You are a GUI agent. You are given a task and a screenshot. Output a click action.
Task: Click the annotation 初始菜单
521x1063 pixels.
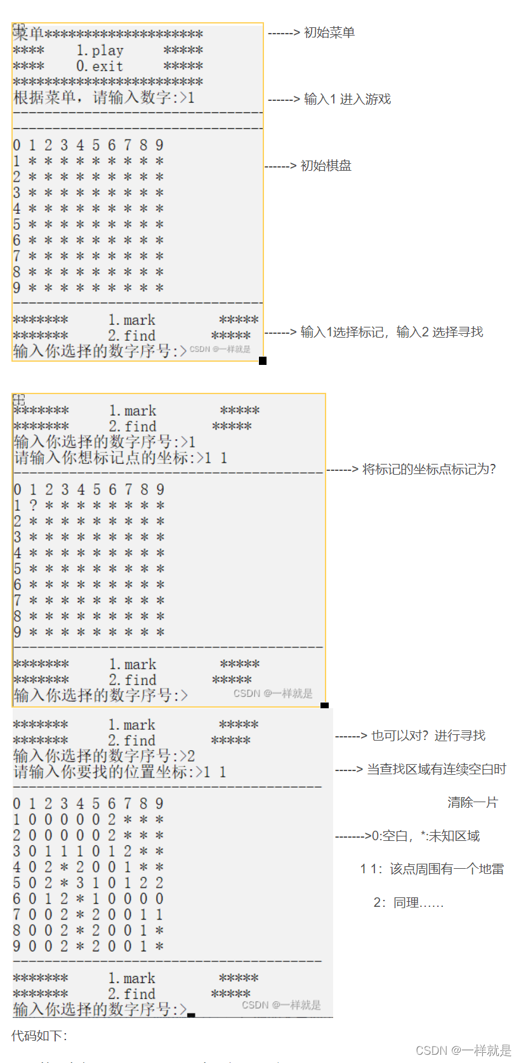point(329,32)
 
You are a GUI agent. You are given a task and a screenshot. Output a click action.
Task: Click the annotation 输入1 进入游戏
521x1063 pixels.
point(346,99)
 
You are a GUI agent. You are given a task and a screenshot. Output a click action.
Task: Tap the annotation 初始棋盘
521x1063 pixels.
point(326,166)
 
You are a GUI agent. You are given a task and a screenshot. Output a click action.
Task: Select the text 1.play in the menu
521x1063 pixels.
point(100,50)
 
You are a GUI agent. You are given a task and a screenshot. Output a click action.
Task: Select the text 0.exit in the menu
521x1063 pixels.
point(100,66)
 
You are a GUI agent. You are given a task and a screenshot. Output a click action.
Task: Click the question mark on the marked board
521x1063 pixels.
point(33,505)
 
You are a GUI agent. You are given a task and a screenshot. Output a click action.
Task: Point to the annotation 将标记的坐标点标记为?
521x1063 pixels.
point(428,470)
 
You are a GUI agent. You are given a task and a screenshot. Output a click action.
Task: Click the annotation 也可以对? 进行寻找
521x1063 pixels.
point(428,736)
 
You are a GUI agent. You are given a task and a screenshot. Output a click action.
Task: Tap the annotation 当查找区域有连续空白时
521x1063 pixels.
point(436,769)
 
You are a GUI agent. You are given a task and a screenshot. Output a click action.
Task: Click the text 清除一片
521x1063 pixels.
point(472,802)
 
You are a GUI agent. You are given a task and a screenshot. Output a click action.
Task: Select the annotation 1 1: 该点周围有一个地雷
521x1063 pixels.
point(432,869)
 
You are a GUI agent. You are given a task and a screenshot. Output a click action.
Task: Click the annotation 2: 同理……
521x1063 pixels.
point(408,902)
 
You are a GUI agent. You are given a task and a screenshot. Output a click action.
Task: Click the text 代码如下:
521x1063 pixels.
point(39,1036)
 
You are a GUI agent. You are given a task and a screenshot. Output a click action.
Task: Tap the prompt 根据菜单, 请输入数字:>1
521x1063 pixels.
point(103,98)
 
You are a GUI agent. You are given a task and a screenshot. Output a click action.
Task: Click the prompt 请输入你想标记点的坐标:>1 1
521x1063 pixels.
point(121,458)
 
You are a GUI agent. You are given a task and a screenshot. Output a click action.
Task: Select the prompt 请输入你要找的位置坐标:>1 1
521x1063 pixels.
point(119,772)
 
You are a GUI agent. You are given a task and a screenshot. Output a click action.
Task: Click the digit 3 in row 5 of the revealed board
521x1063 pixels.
point(80,883)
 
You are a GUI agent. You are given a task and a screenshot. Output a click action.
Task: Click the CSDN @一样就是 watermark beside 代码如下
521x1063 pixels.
point(463,1050)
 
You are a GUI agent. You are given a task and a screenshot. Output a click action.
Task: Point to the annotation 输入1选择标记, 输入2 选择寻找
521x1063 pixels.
point(391,332)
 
